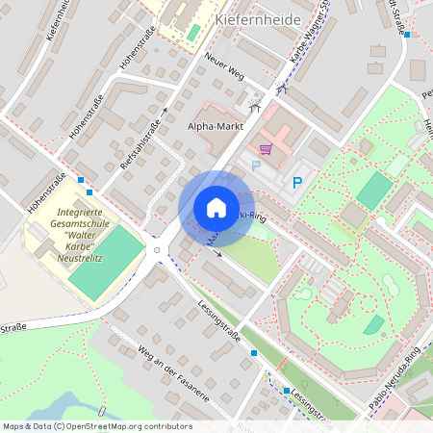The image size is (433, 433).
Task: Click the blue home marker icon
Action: coord(216,207)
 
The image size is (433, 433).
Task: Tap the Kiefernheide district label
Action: coord(258,19)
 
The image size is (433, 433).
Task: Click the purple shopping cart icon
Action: coord(266,149)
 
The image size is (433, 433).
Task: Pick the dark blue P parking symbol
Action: coord(297,182)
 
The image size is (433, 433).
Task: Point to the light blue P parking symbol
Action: coord(256,166)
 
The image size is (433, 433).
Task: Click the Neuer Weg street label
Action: coord(223,67)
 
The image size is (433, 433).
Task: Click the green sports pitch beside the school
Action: coord(106,262)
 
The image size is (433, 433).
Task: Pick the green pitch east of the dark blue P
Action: coord(374,190)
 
